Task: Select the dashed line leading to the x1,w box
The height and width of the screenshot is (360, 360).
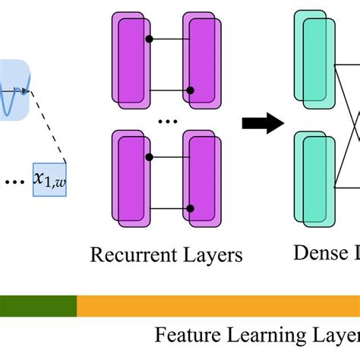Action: pyautogui.click(x=50, y=126)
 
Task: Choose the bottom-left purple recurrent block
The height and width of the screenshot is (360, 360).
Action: pyautogui.click(x=130, y=178)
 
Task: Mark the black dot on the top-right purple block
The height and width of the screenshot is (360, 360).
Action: pyautogui.click(x=191, y=89)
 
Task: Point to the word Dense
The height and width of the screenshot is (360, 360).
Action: pyautogui.click(x=316, y=254)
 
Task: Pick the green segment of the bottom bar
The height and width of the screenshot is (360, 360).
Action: pyautogui.click(x=38, y=306)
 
